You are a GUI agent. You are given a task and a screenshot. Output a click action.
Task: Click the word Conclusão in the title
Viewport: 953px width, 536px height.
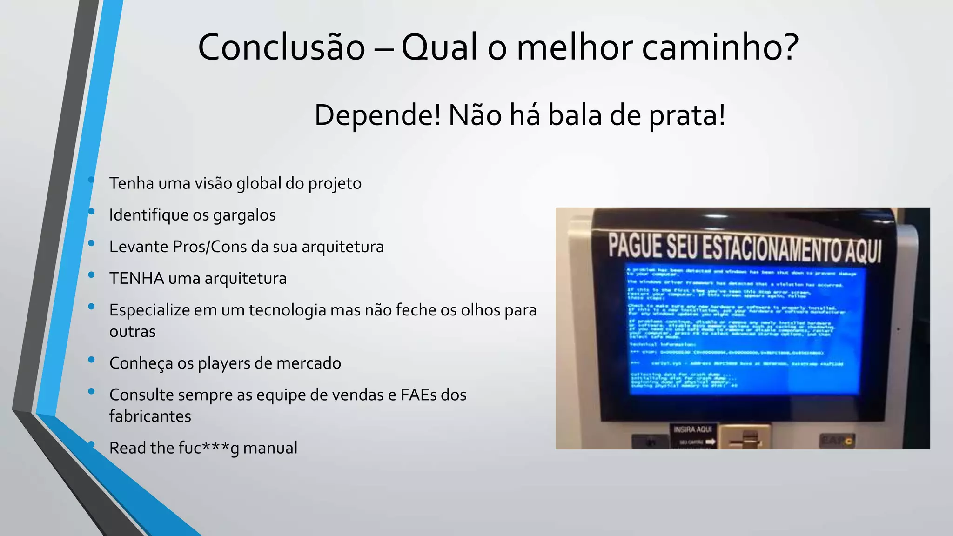[x=282, y=47]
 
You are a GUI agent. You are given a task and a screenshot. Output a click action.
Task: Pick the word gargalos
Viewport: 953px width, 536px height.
[x=244, y=215]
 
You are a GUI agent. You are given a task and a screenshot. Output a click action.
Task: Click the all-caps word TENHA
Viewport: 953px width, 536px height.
[x=137, y=278]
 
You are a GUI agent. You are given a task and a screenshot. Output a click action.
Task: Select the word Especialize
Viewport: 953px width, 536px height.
[x=149, y=310]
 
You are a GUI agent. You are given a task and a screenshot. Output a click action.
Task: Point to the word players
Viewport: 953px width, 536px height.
[x=226, y=363]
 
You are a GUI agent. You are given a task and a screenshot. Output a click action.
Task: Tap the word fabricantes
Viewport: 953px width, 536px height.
[x=150, y=416]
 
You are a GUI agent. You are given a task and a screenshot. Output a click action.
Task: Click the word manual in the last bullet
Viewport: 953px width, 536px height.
[x=270, y=448]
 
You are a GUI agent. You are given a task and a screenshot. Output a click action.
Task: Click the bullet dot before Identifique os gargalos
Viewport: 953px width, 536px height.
[x=91, y=212]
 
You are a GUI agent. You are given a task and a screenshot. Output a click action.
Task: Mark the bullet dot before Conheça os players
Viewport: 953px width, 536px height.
[x=91, y=360]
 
